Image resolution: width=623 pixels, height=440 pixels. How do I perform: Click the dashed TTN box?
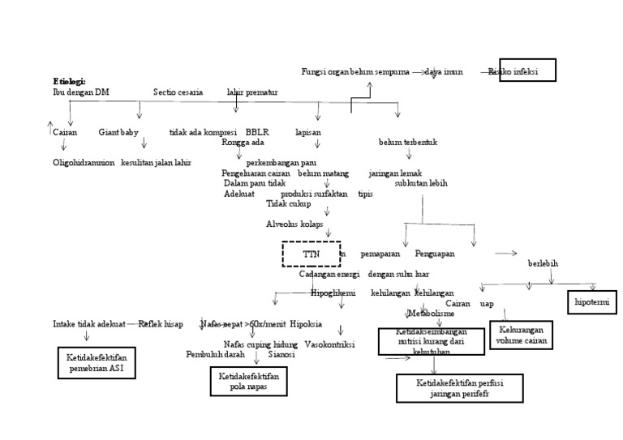point(311,254)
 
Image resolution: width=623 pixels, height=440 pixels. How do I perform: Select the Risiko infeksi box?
point(522,70)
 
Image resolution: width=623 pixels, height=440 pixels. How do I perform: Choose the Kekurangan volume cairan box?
point(521,335)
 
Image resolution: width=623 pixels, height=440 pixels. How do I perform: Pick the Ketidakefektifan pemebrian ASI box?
point(97,362)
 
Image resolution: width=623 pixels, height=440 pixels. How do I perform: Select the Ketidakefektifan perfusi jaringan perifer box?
point(459,388)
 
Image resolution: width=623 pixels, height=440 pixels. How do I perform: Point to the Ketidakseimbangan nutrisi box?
point(431,340)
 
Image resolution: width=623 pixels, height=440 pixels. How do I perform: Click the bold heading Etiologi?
point(69,81)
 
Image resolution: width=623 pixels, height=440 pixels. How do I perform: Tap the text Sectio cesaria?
point(178,92)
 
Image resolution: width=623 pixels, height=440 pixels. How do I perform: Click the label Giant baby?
point(118,131)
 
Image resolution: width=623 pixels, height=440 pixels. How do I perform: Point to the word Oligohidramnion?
point(84,162)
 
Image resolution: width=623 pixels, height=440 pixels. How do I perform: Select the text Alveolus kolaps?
point(294,223)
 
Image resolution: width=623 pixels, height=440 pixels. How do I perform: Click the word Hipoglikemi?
point(333,293)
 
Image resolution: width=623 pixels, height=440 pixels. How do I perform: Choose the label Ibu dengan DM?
point(80,92)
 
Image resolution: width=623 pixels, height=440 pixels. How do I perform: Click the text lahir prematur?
point(252,92)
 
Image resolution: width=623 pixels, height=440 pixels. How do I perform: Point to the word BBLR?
point(257,131)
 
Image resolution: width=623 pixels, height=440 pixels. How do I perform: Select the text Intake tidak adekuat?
point(89,323)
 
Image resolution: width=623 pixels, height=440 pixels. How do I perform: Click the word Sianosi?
point(281,354)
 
